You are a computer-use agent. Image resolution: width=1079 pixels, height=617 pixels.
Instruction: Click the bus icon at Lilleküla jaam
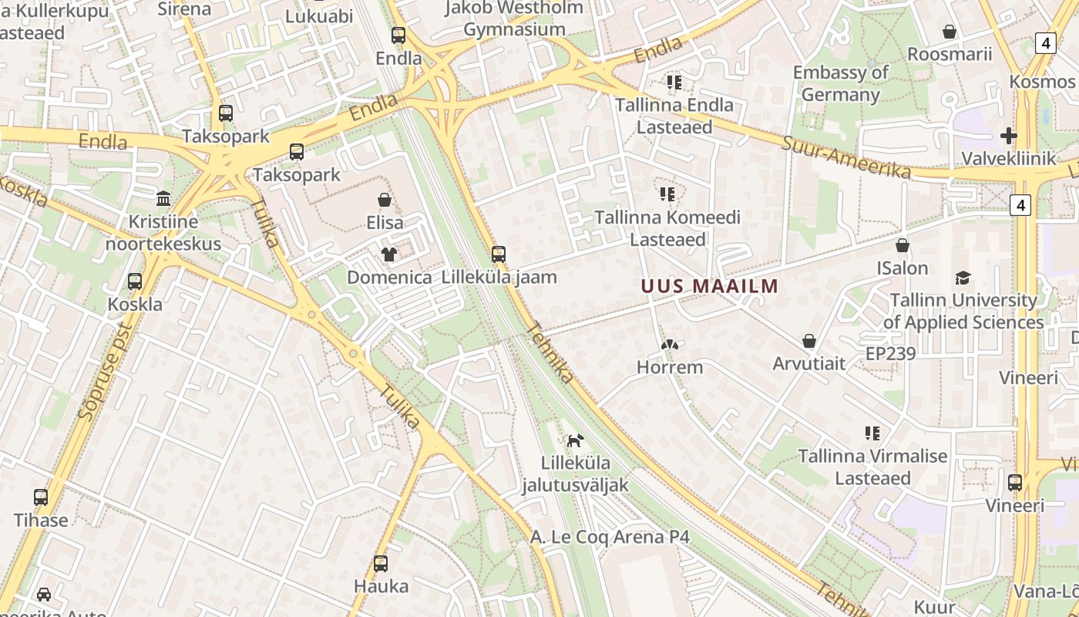(499, 254)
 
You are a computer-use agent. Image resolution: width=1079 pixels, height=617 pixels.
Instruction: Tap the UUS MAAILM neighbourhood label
(709, 286)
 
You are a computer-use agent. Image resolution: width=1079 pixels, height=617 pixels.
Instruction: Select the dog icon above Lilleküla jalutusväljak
(575, 440)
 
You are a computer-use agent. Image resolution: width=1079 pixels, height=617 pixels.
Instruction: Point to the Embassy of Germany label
(841, 83)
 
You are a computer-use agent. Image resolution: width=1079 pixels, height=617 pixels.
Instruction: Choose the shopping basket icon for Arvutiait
(809, 341)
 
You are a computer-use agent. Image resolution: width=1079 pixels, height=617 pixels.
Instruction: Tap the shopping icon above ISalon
(902, 245)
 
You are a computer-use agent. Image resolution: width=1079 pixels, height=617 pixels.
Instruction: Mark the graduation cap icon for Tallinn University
(963, 278)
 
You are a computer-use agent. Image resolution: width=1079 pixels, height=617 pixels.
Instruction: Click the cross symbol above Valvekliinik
(1008, 136)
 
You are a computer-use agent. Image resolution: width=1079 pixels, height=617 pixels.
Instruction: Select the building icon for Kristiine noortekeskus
(163, 199)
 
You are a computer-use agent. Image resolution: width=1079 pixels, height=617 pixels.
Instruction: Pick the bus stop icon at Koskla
(135, 282)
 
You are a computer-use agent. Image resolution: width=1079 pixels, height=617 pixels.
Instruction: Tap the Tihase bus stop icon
(41, 497)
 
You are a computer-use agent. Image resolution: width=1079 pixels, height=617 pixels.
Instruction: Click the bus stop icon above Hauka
(381, 564)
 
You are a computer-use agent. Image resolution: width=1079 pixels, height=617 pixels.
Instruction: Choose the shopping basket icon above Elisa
(385, 200)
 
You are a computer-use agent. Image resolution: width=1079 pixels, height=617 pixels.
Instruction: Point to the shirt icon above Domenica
(389, 255)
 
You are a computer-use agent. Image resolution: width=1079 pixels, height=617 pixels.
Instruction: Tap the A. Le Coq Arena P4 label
(610, 537)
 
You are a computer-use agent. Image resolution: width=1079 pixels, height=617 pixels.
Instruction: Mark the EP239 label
(890, 354)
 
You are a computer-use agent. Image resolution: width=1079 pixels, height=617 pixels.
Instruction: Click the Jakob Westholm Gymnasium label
(515, 19)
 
